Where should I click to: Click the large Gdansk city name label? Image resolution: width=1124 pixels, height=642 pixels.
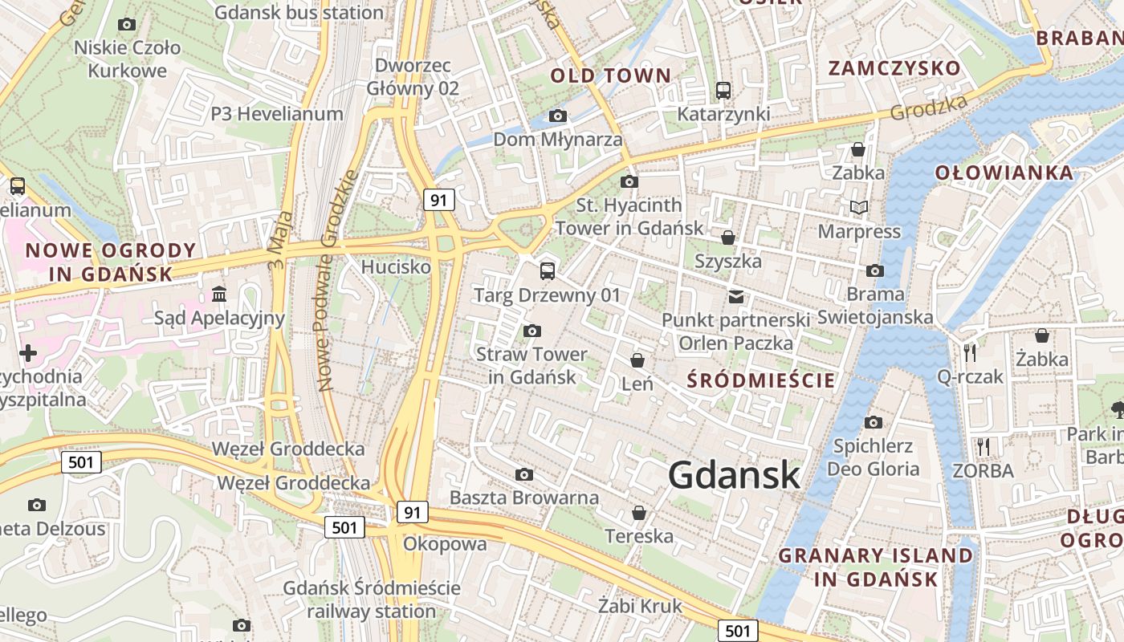click(x=734, y=475)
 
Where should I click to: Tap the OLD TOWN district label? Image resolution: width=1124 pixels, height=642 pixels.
click(x=610, y=76)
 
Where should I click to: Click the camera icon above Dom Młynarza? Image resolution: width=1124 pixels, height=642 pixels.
click(x=558, y=116)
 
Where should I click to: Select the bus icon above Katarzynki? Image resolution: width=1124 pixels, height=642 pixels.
click(x=723, y=91)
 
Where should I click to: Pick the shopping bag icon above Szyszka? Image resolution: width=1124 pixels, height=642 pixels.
click(x=728, y=238)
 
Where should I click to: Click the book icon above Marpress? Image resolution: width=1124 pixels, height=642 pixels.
click(x=859, y=208)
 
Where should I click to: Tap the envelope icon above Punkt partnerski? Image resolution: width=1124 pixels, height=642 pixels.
click(x=736, y=297)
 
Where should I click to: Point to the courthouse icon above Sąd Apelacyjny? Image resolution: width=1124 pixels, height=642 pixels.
click(x=219, y=295)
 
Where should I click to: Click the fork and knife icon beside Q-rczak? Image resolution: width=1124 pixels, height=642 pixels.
click(x=971, y=352)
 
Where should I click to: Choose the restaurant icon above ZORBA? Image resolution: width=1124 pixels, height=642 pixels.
click(x=983, y=446)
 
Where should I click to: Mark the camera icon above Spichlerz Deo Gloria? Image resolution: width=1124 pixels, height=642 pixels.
click(x=874, y=422)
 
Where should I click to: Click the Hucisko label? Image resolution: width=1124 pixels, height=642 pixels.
click(x=396, y=266)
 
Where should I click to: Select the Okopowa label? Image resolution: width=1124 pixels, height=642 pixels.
click(x=445, y=544)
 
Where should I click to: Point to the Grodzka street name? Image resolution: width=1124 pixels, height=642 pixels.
click(x=929, y=108)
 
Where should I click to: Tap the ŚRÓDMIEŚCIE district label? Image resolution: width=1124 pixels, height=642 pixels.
click(x=761, y=380)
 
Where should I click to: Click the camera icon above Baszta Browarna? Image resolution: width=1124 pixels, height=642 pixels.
click(x=524, y=474)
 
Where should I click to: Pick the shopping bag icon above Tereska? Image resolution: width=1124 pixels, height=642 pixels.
click(x=640, y=512)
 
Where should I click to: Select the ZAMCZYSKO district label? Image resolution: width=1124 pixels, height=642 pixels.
click(x=894, y=67)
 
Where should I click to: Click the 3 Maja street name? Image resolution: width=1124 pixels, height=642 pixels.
click(x=277, y=239)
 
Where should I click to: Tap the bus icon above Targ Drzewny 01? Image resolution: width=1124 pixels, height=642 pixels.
click(x=548, y=270)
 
